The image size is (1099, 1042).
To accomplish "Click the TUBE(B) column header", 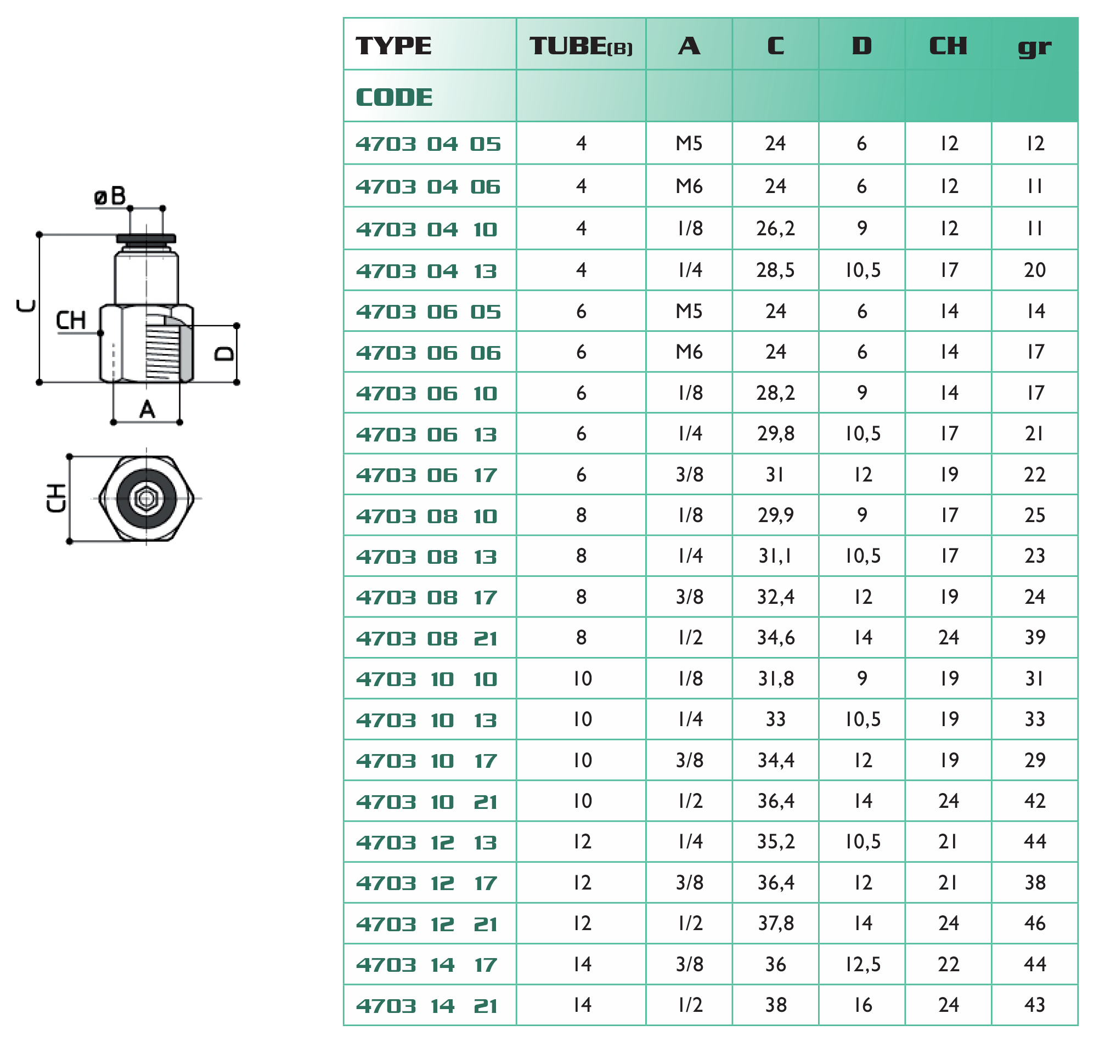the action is [581, 46].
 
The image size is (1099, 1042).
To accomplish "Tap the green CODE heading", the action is [394, 98].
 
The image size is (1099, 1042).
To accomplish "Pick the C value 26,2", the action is [776, 228].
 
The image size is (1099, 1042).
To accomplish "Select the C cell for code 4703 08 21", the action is [776, 638].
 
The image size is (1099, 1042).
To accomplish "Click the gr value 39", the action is [1035, 638].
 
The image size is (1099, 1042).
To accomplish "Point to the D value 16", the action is [863, 1005].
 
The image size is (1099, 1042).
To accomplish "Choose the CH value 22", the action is [949, 964].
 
